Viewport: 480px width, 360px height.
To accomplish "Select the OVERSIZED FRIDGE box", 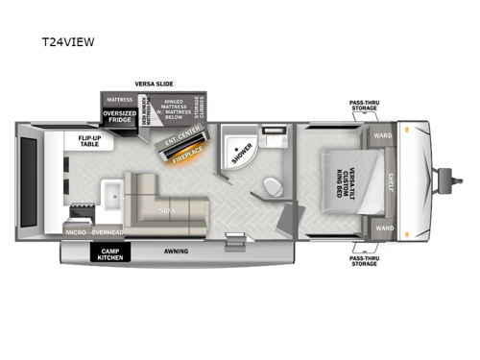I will (x=119, y=117).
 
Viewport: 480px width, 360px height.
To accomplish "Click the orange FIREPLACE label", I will (x=186, y=153).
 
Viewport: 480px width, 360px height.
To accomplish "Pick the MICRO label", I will (x=77, y=231).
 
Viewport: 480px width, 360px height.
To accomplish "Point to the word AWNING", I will (x=175, y=252).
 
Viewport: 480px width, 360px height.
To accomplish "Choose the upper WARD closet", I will (x=381, y=135).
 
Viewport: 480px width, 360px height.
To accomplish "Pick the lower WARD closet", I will (x=381, y=228).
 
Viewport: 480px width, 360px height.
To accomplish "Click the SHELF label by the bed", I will (x=390, y=181).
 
